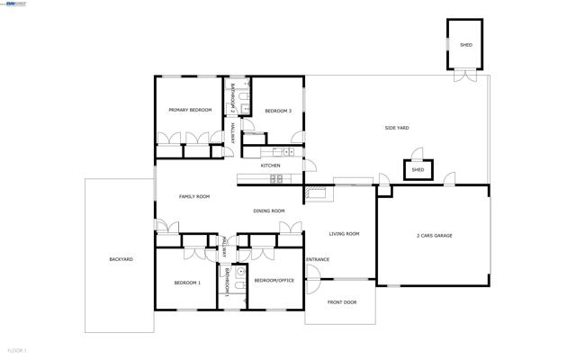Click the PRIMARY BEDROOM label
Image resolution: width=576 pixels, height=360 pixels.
(190, 110)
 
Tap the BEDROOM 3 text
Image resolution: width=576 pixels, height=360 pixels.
(277, 111)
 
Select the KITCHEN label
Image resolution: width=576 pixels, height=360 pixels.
(270, 166)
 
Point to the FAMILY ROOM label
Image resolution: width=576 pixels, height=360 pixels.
(193, 196)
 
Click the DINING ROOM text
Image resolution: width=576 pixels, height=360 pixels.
(268, 211)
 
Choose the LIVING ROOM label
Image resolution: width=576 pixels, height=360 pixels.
(343, 233)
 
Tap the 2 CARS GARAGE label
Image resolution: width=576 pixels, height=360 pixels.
(434, 235)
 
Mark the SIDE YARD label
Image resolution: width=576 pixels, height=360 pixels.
(397, 128)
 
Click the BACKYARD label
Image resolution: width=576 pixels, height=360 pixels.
(121, 259)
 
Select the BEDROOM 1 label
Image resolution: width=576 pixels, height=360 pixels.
(187, 283)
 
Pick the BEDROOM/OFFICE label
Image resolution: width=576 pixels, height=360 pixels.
(274, 280)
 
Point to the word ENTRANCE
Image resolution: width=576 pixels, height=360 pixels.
(317, 259)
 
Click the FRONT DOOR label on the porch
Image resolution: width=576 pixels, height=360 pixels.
(341, 302)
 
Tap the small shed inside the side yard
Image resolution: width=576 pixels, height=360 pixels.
(418, 169)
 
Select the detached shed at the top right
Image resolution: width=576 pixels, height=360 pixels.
(465, 44)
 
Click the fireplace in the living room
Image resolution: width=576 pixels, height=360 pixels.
(318, 190)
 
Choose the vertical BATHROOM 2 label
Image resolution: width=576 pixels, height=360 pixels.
(233, 97)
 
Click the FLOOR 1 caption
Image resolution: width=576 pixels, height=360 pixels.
(17, 350)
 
